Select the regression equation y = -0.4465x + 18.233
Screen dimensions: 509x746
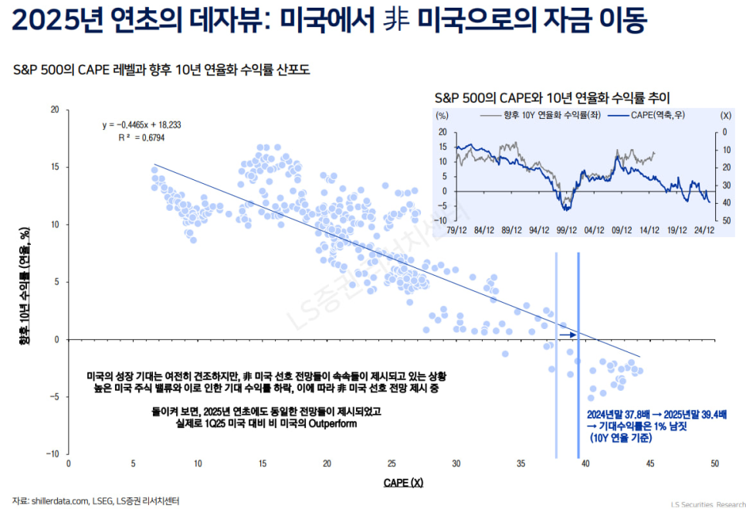142,124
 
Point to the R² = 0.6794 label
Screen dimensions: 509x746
141,137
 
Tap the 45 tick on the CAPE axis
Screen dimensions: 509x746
650,463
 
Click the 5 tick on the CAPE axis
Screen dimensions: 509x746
134,463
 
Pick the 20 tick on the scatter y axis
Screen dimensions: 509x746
55,110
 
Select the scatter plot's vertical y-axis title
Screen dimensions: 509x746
25,282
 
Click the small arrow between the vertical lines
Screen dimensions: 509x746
568,334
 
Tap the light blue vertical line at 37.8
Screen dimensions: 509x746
556,355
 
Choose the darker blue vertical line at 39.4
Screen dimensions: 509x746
578,355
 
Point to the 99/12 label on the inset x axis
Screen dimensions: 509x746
566,229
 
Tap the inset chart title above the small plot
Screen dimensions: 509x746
551,98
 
